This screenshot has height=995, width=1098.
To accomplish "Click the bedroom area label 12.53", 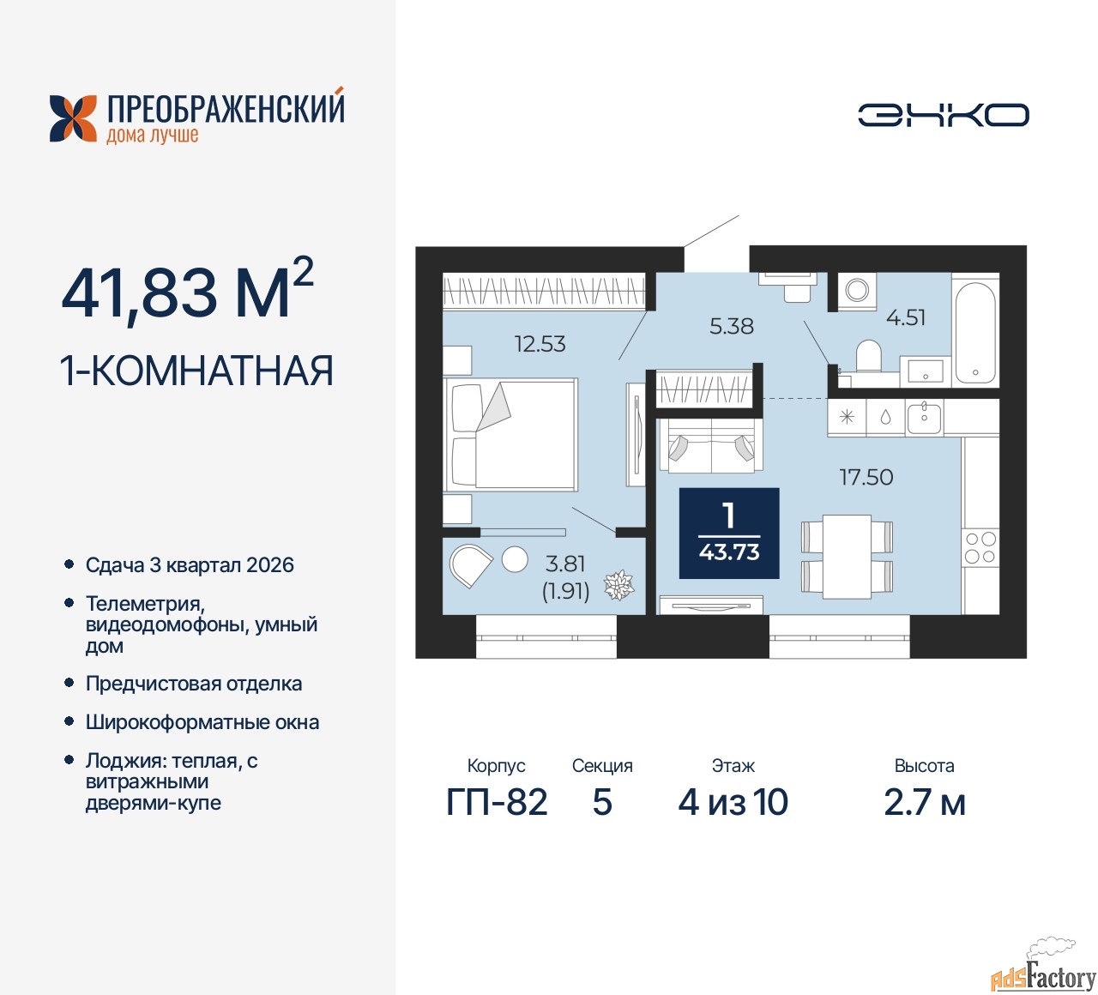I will coord(540,344).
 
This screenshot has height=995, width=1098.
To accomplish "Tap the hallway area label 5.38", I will coord(731,326).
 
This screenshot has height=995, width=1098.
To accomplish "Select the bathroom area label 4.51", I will coord(906,317).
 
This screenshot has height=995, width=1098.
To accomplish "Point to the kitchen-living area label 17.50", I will coord(866,477).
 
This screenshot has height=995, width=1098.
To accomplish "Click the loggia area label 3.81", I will coord(565,564).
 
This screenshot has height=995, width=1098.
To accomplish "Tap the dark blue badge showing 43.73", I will coord(729,534).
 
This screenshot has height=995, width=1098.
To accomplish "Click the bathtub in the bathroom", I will coord(975,330).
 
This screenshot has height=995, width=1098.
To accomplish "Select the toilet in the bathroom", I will coord(868,355).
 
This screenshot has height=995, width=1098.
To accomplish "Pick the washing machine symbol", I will coord(857,290).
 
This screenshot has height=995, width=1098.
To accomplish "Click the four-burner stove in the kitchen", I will coord(980,547).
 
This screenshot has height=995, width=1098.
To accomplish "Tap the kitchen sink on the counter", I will coord(924,418).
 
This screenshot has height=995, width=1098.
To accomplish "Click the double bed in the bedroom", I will coord(511,435).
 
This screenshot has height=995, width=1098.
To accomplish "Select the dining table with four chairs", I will coord(847,556).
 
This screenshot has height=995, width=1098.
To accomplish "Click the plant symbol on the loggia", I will coord(618,586).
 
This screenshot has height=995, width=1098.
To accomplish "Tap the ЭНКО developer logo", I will coord(943,115).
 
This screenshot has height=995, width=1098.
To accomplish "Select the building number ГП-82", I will coord(497,803).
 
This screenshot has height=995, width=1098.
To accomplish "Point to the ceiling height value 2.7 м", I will coord(925,803).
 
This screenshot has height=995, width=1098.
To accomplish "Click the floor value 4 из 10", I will coord(733,803).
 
